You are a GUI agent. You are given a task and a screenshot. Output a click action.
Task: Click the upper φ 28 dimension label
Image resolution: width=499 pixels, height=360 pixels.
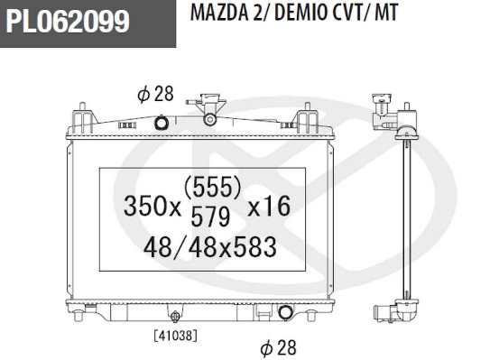pos(154,94)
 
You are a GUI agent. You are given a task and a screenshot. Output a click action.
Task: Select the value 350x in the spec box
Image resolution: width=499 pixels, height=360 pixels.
pos(152,208)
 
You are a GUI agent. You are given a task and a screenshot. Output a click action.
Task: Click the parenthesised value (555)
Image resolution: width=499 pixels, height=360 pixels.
pos(212,187)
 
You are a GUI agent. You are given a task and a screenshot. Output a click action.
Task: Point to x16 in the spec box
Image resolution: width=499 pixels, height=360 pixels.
pos(268,208)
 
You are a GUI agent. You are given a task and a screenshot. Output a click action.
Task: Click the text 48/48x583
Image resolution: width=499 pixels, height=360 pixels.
pos(209,245)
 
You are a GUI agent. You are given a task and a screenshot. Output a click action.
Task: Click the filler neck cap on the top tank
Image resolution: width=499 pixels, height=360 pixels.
pos(211,115)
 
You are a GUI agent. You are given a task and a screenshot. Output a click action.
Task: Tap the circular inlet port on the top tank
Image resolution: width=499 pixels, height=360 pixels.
pos(162,123)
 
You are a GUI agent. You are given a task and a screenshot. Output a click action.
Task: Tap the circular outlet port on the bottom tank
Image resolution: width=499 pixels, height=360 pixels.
pos(287,313)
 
